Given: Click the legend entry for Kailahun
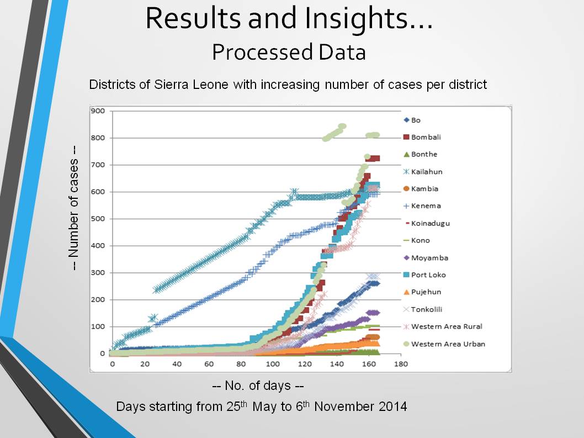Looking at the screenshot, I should pyautogui.click(x=427, y=172).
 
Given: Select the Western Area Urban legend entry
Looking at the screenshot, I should pyautogui.click(x=448, y=344).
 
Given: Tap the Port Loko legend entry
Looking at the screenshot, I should pyautogui.click(x=428, y=275).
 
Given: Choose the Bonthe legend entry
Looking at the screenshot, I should pyautogui.click(x=424, y=155).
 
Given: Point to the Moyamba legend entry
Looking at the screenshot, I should pyautogui.click(x=429, y=258).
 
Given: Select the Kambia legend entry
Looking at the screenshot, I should pyautogui.click(x=424, y=189).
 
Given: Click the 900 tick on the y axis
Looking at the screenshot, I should pyautogui.click(x=98, y=111).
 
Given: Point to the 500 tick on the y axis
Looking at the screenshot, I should pyautogui.click(x=98, y=219).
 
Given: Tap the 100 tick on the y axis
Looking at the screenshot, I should pyautogui.click(x=98, y=327).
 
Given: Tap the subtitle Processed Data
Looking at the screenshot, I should pyautogui.click(x=289, y=52).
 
